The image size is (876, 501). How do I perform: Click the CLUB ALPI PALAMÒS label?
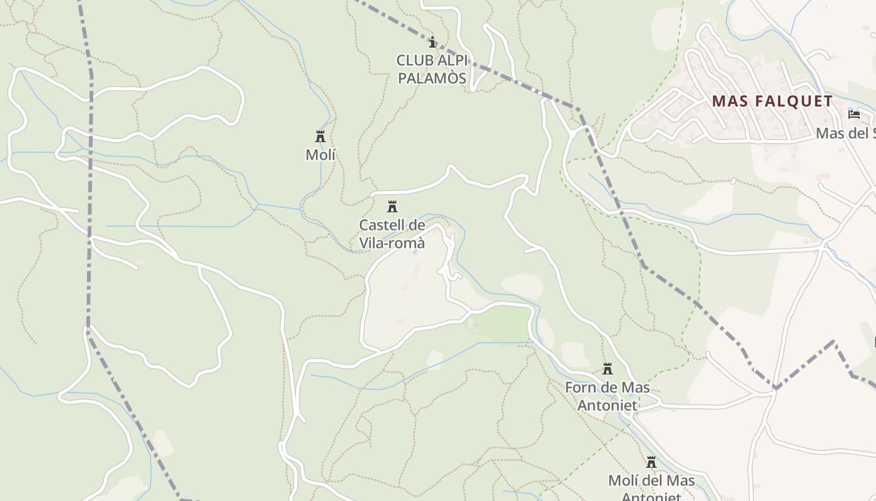click(432, 69)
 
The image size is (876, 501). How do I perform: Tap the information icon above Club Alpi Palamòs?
click(432, 43)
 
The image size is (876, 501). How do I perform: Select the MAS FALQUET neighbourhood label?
click(772, 101)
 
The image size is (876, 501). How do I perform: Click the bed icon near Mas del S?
click(853, 115)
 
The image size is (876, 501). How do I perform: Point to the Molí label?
click(320, 154)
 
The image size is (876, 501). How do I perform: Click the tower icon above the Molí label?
click(320, 136)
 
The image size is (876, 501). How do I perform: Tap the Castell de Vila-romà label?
click(392, 234)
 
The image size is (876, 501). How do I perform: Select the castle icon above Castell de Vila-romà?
click(392, 207)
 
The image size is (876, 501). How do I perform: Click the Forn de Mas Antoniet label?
click(607, 396)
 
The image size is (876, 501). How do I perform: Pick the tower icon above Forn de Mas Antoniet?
click(607, 369)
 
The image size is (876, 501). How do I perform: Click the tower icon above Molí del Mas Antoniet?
click(651, 462)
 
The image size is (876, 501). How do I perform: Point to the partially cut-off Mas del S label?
click(845, 133)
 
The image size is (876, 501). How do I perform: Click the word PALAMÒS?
click(432, 78)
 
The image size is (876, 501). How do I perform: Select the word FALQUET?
click(795, 101)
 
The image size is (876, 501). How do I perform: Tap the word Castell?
click(382, 225)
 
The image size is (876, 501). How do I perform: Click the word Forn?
click(579, 388)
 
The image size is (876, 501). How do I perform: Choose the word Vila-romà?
click(392, 243)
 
